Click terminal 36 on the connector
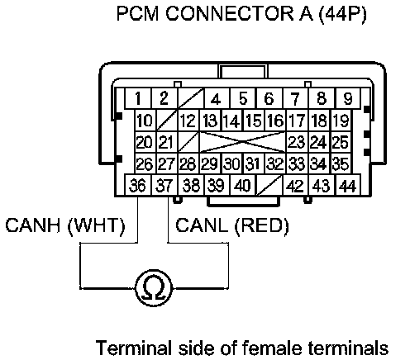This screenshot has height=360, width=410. [x=138, y=185]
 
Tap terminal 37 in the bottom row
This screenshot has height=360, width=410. [x=164, y=185]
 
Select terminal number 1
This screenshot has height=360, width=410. [x=138, y=98]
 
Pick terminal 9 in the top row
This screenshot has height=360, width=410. [x=348, y=98]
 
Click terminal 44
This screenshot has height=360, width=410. [x=348, y=185]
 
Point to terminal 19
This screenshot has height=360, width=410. [x=341, y=121]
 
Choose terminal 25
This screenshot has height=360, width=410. [x=341, y=142]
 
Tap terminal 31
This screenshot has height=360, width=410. [x=254, y=163]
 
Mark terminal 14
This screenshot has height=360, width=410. [x=231, y=121]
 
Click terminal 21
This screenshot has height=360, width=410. [x=167, y=142]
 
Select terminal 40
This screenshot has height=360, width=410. [x=242, y=185]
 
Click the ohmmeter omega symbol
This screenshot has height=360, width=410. [x=154, y=288]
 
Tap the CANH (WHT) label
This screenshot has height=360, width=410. [x=65, y=225]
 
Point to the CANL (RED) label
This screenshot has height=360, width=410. [x=232, y=225]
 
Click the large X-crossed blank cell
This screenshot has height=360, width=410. [x=242, y=142]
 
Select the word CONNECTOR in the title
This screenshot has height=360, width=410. [x=229, y=13]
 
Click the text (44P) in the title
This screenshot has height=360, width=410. [x=343, y=14]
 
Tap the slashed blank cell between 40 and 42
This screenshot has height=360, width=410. [x=269, y=185]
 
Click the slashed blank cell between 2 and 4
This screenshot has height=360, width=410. [x=191, y=98]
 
